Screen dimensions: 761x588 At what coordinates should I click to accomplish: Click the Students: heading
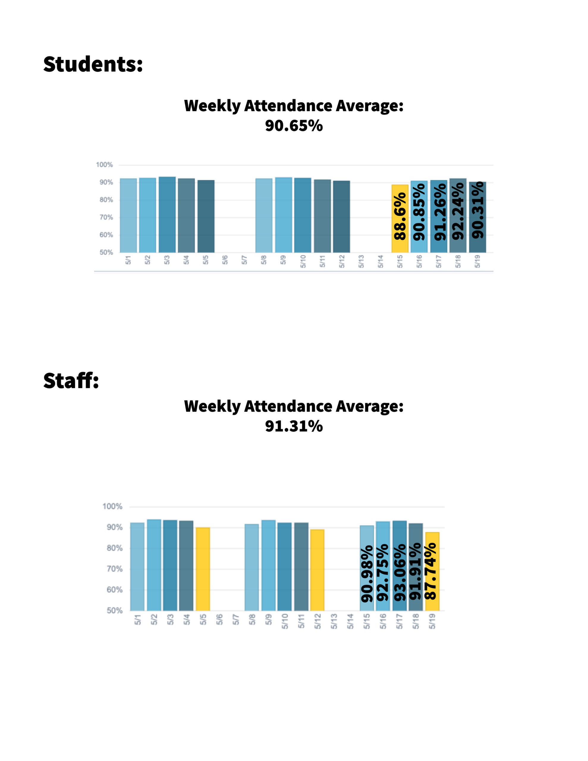[x=93, y=65]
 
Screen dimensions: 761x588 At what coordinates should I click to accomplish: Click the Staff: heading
[x=71, y=380]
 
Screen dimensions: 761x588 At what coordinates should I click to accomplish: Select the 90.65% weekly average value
[x=294, y=126]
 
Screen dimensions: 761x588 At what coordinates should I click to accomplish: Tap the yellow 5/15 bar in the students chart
[x=400, y=244]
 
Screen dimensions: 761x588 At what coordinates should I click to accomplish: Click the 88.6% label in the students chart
[x=400, y=216]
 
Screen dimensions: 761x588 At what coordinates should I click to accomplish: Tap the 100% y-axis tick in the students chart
[x=105, y=165]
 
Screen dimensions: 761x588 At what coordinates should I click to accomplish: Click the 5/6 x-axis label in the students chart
[x=225, y=260]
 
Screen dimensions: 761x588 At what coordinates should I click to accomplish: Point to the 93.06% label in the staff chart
[x=400, y=572]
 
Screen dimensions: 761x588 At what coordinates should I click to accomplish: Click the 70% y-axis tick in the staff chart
[x=115, y=569]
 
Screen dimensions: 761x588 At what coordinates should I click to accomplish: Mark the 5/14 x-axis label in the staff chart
[x=350, y=622]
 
